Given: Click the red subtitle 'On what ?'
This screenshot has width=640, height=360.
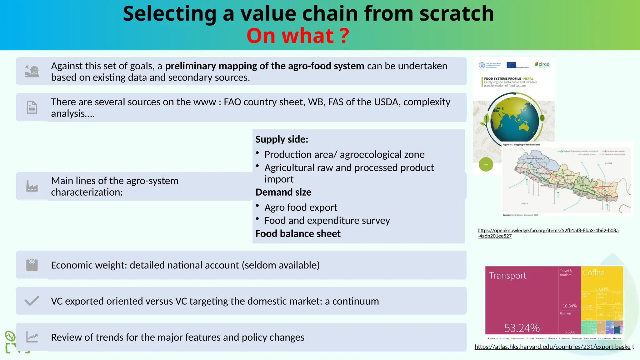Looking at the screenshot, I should pos(297,36).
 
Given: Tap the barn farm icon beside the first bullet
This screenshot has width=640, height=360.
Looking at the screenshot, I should pos(32,71).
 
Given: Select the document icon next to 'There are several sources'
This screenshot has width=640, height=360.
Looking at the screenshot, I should pos(32,107).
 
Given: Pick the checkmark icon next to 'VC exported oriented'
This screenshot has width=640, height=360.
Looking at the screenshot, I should pos(32,301).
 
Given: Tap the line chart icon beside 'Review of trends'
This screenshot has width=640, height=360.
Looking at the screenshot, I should pos(32,337).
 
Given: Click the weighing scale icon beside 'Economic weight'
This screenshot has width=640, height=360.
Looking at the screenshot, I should pos(32,265).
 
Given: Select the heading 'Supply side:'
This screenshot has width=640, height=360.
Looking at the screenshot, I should pos(282,139).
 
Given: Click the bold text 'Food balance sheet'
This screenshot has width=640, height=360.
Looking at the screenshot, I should pos(298,234).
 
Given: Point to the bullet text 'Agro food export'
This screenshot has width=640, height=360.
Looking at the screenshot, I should pos(301,207).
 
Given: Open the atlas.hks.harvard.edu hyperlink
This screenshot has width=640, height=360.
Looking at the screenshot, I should pos(552,347).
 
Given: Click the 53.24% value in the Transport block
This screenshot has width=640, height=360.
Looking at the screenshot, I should pos(522,328).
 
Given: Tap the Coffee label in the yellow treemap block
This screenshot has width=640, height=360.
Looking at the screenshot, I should pos(593,272).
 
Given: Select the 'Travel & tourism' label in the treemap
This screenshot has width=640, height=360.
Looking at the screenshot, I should pos(566,273).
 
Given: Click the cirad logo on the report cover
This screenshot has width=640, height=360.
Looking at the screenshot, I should pos(542,64).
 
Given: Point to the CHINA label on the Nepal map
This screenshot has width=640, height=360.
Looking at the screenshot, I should pos(608,163).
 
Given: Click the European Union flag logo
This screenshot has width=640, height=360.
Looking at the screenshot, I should pos(511,65).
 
